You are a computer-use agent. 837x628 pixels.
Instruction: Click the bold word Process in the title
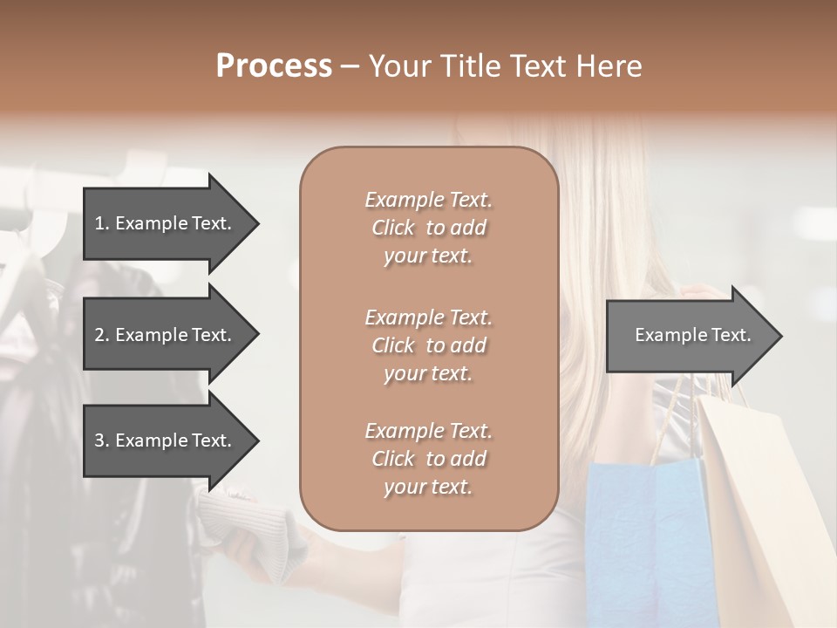click(x=274, y=66)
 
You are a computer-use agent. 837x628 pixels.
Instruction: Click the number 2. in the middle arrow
click(x=102, y=335)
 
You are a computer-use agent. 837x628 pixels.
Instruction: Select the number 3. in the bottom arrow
click(x=102, y=440)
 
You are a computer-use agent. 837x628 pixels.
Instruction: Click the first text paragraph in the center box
click(x=428, y=228)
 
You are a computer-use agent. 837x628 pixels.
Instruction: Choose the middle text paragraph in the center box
click(x=428, y=345)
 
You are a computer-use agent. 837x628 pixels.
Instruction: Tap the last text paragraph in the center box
click(x=428, y=459)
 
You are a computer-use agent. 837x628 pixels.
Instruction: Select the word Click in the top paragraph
click(x=393, y=228)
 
